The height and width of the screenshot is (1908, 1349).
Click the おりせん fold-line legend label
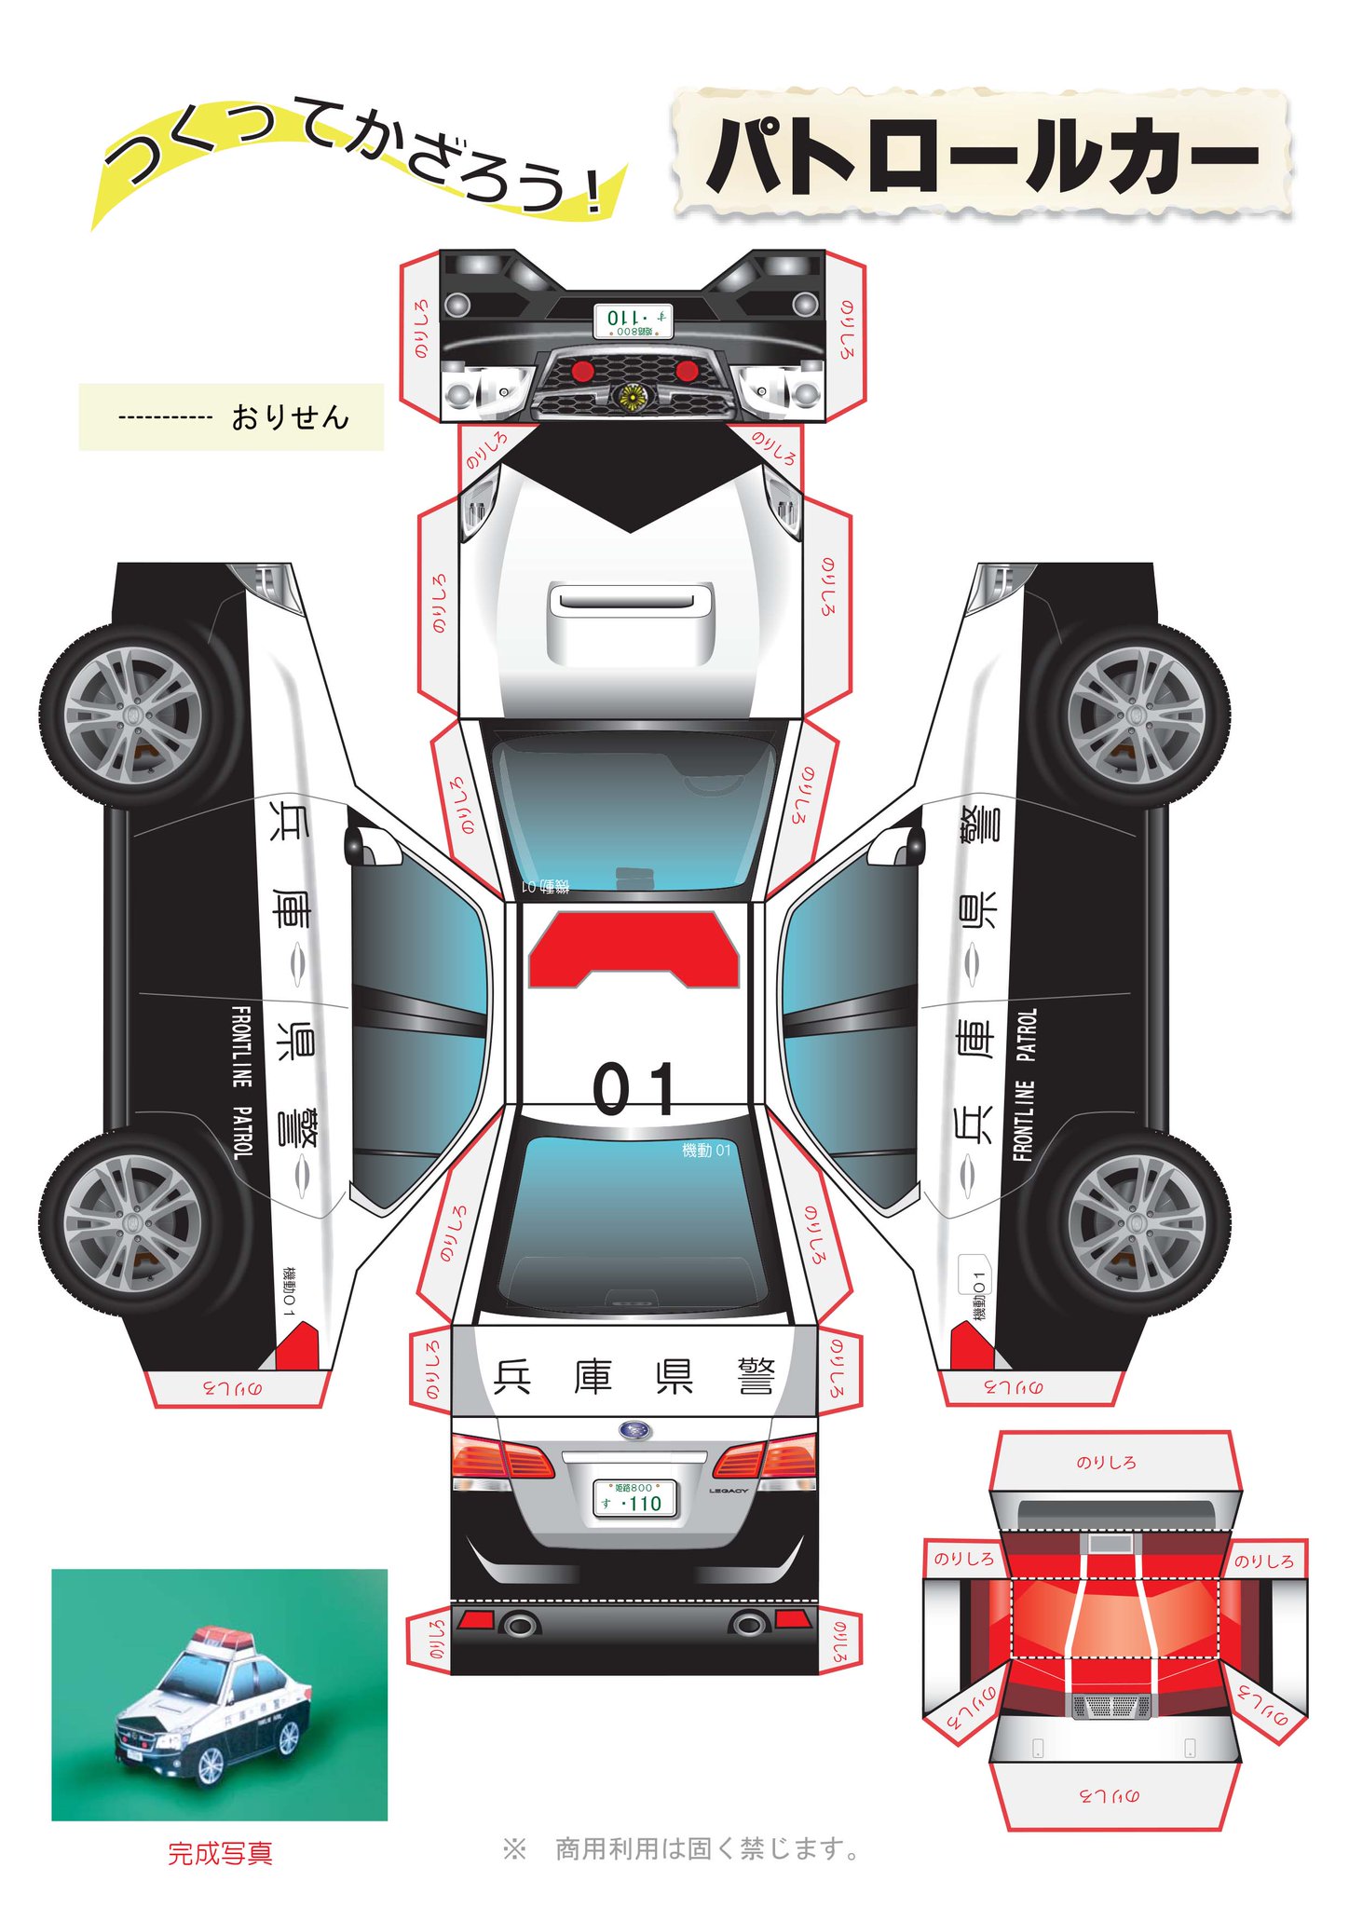coord(290,417)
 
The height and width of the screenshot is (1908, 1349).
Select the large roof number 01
coord(634,1089)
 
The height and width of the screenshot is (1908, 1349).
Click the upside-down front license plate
coord(634,320)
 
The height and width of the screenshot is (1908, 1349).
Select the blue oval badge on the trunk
coord(635,1430)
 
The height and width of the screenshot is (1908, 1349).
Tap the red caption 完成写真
coord(220,1853)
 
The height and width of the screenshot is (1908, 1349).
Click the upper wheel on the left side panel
coord(132,715)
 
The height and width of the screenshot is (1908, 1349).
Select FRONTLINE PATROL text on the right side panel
coord(1025,1084)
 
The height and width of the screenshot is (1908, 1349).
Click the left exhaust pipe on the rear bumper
coord(520,1625)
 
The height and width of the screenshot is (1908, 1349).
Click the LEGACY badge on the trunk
coord(729,1491)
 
